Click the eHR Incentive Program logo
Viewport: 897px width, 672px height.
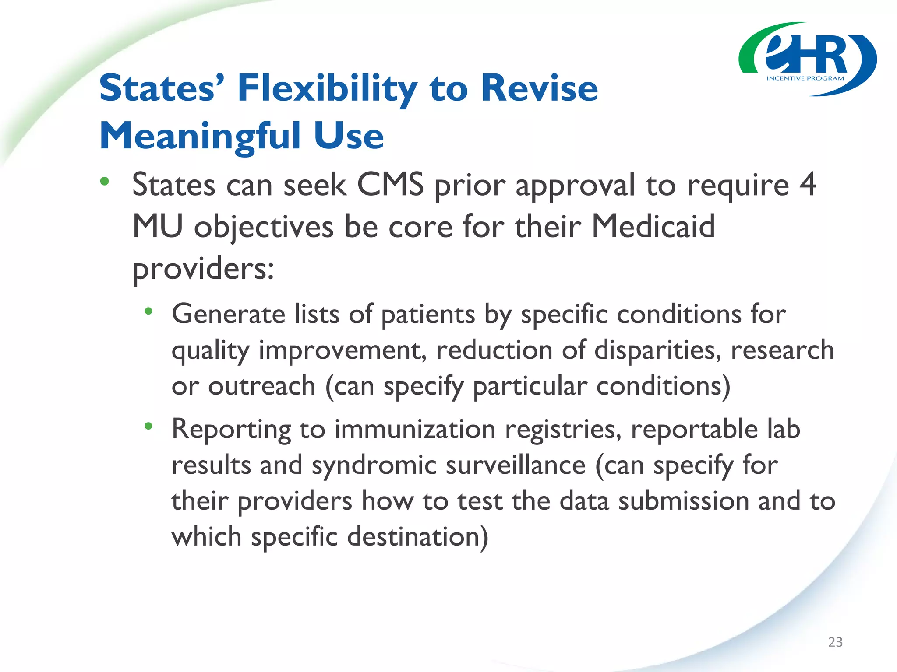807,59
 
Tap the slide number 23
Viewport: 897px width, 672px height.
835,642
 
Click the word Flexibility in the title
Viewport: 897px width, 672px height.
327,88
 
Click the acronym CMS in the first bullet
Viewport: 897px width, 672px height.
391,184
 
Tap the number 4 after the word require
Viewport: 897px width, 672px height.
808,184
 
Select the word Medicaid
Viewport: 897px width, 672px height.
653,226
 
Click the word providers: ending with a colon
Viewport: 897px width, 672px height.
203,269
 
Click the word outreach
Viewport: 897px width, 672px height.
261,386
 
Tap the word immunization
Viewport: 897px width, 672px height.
415,429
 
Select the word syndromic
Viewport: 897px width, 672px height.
374,465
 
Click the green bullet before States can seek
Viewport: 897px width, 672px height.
104,181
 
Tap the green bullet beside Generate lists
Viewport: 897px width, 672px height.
148,311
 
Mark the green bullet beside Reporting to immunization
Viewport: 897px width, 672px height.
148,426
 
